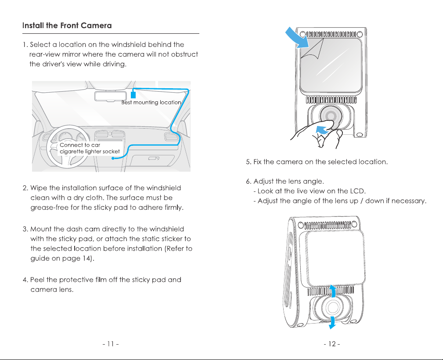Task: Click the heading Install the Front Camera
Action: click(x=67, y=25)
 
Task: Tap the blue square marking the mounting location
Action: click(x=133, y=94)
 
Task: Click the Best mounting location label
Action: click(x=151, y=102)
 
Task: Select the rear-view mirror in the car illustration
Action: click(x=111, y=96)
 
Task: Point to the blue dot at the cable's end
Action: click(x=113, y=158)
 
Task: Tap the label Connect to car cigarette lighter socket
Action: click(x=90, y=148)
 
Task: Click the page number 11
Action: click(x=111, y=344)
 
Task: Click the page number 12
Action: click(x=332, y=344)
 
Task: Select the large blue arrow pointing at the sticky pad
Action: click(x=297, y=37)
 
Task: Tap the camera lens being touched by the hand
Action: click(x=331, y=116)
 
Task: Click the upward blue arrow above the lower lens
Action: click(x=333, y=291)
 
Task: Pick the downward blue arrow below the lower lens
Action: click(x=332, y=323)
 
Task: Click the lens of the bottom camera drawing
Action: click(x=332, y=307)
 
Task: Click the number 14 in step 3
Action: click(x=86, y=258)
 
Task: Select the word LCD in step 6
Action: click(x=357, y=191)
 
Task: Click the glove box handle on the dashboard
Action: click(x=154, y=158)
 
